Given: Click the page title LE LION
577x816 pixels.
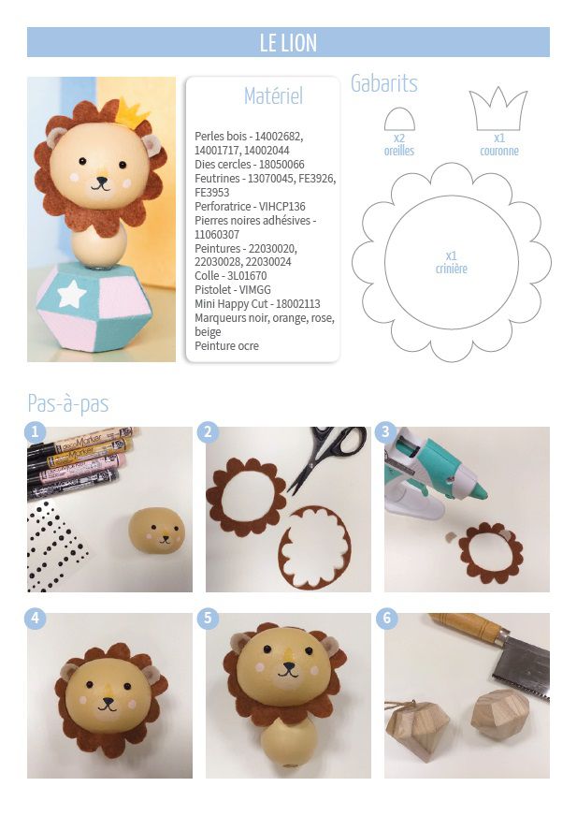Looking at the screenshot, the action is coord(288,43).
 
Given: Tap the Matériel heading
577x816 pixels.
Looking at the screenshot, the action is coord(273,95).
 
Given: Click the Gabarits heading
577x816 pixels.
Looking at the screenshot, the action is coord(384,83).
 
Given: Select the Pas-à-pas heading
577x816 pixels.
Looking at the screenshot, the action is coord(68,403).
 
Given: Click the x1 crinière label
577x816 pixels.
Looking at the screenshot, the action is coord(451,262).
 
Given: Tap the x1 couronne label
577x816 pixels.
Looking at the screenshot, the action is coord(499,145).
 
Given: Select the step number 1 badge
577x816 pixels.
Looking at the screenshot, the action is coord(36,432).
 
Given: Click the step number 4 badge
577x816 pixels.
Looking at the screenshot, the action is coord(36,618).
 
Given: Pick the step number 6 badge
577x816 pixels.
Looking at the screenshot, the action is coord(386,618).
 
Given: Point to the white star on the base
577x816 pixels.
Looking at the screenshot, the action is coord(72,294).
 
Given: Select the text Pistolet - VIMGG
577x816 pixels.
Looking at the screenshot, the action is coord(233,290).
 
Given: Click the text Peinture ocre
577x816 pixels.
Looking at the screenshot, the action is coord(226,345).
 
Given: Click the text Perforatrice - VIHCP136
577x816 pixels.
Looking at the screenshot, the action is coord(250,206).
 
